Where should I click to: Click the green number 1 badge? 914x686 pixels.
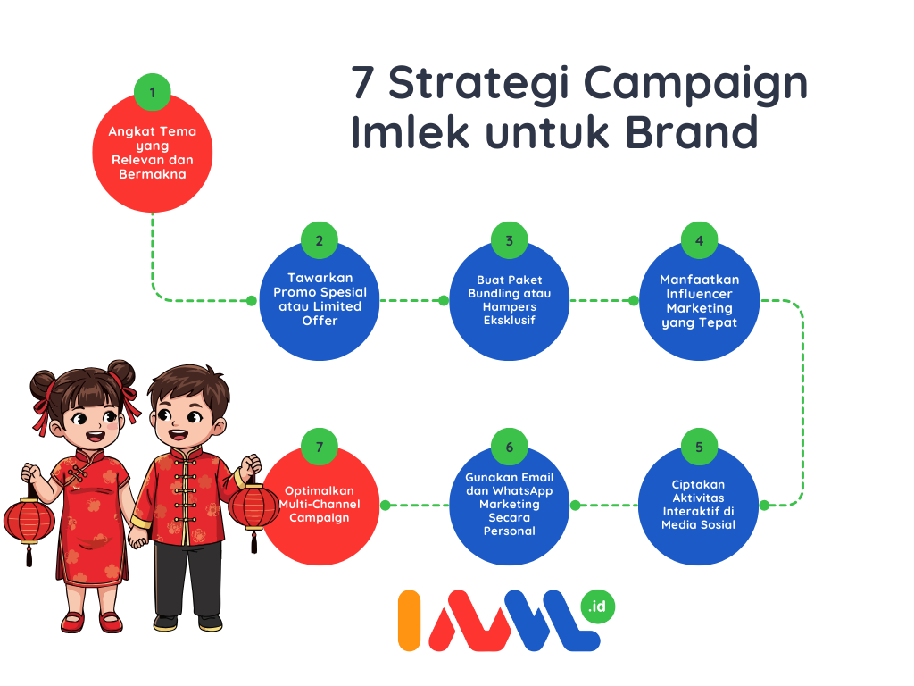click(x=152, y=92)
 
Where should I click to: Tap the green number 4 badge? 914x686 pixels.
click(x=700, y=240)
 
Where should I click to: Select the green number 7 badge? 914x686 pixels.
click(x=320, y=447)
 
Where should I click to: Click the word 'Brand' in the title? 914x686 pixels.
click(x=692, y=132)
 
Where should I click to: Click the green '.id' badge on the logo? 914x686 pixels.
click(x=597, y=607)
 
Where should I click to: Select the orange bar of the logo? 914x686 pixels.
click(x=409, y=620)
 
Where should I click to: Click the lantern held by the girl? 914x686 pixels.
click(x=29, y=521)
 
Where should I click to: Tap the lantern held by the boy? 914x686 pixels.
click(x=254, y=507)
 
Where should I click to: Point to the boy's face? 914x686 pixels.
click(x=185, y=418)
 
